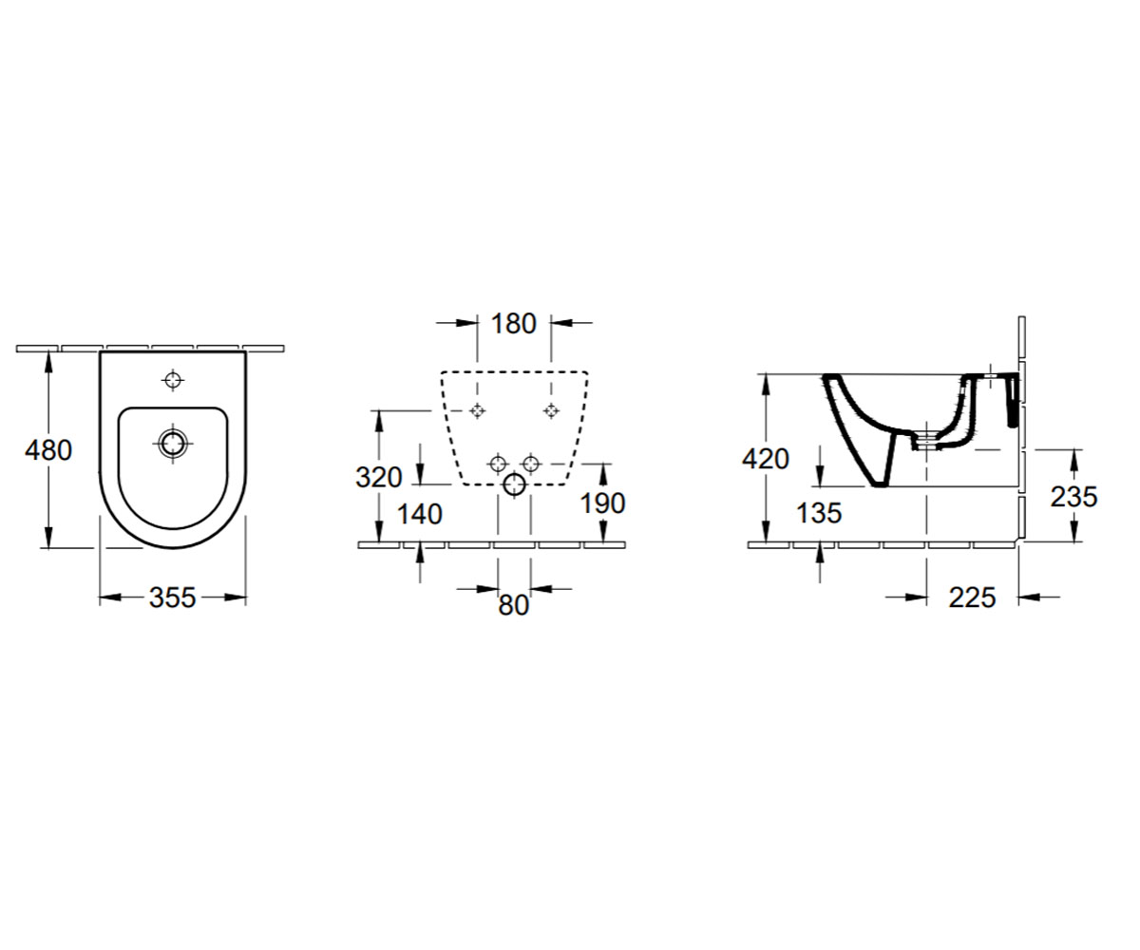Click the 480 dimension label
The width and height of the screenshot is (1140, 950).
pos(48,450)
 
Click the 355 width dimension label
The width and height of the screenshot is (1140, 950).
pos(173,598)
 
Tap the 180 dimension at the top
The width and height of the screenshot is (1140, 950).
pos(514,324)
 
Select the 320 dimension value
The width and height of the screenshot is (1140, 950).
pos(378,477)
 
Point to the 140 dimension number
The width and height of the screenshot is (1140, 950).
pos(419,514)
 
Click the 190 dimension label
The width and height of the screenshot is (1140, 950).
pos(602,503)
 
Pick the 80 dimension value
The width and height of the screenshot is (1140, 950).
pos(514,605)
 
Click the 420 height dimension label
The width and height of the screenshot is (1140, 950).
pos(766,459)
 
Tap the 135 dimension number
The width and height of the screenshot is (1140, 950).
pos(819,513)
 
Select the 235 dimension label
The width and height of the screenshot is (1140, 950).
pos(1073,497)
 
